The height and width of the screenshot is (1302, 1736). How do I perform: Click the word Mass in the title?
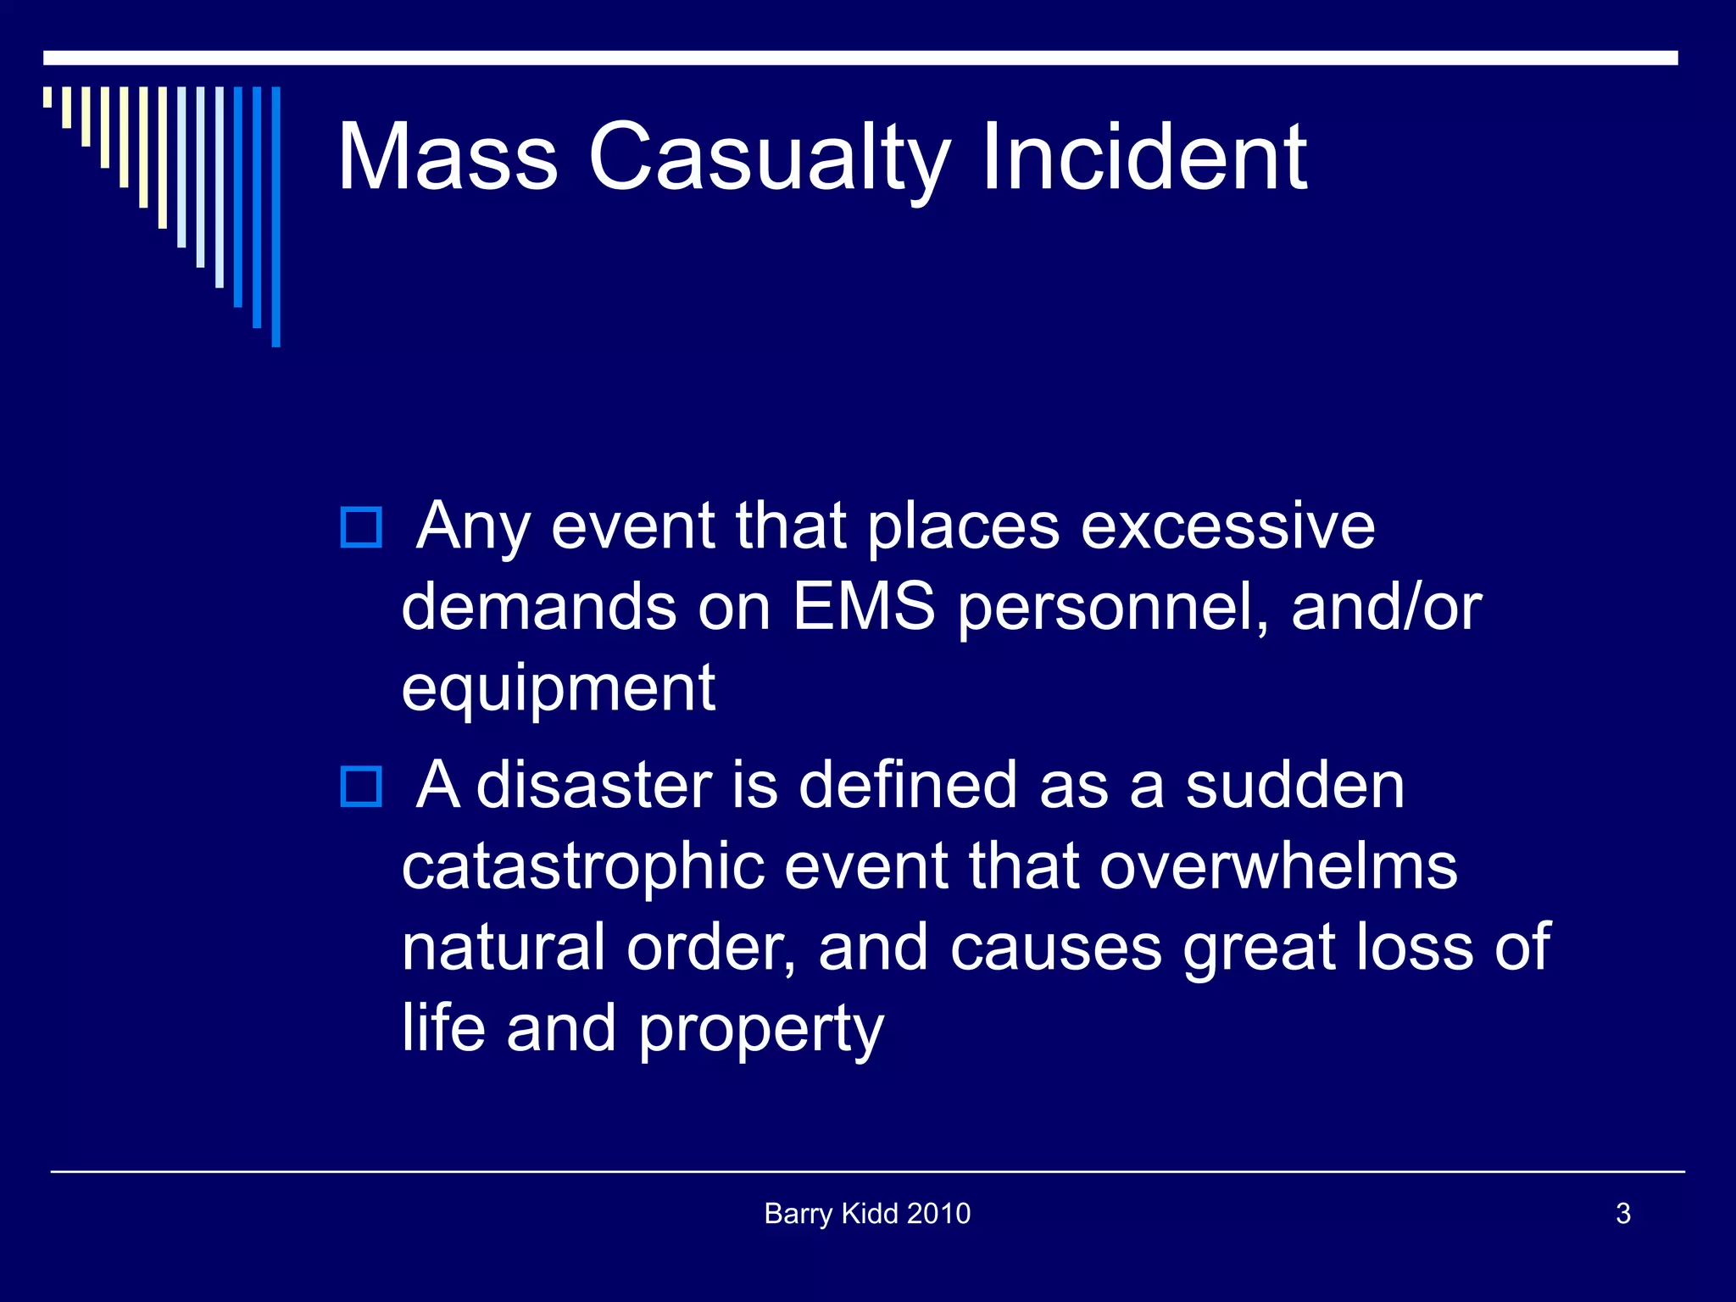coord(448,157)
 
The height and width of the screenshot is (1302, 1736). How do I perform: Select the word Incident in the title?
coord(1144,157)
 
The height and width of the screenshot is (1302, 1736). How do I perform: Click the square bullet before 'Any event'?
coord(361,527)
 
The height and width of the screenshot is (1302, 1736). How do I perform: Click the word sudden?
coord(1294,786)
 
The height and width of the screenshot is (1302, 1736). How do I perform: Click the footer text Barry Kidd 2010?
coord(867,1214)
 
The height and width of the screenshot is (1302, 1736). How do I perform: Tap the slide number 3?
coord(1623,1214)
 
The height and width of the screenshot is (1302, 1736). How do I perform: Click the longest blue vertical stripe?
coord(275,216)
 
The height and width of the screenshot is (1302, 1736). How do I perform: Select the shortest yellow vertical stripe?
coord(47,97)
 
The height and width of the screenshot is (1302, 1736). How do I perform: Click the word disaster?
coord(594,786)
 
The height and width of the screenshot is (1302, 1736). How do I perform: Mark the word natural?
coord(503,948)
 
